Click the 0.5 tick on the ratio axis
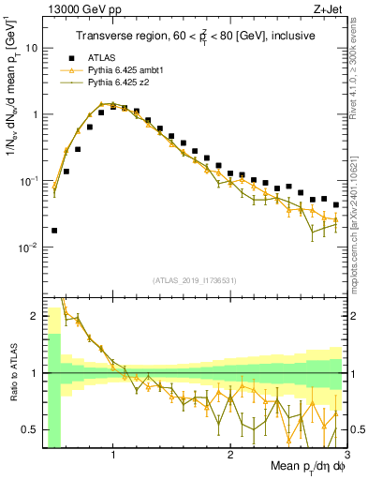point(30,429)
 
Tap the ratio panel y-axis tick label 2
point(35,316)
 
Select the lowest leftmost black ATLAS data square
point(54,230)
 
